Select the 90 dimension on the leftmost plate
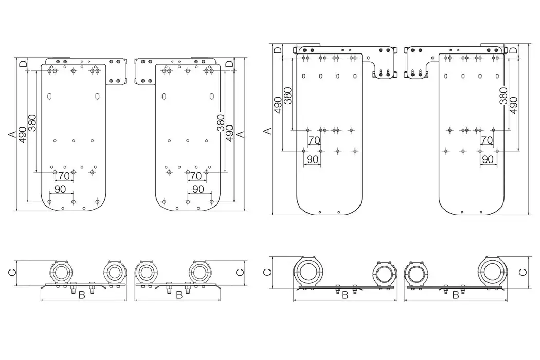(x=60, y=189)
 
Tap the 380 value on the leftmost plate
(x=32, y=122)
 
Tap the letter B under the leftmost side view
(x=81, y=295)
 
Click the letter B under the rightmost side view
(x=455, y=295)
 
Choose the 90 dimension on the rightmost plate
(x=487, y=159)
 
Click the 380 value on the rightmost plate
(x=503, y=96)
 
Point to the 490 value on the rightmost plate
(x=513, y=105)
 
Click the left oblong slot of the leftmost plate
(x=49, y=96)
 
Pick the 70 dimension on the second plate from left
(x=195, y=176)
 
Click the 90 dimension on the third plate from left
(x=312, y=159)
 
